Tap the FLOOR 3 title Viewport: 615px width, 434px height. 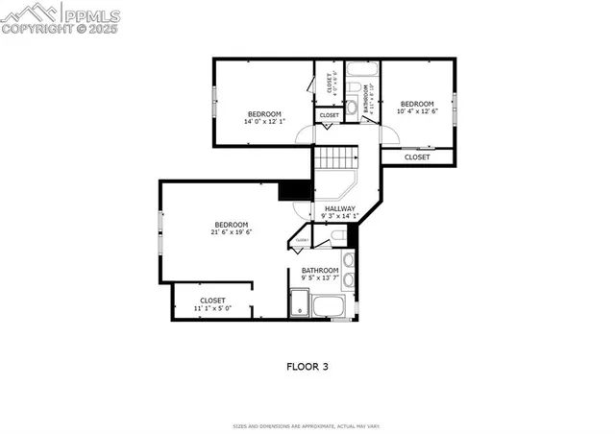pos(307,366)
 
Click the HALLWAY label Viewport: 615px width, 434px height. pos(339,208)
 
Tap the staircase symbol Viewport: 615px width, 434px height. pos(337,158)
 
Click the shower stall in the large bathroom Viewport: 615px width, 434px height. pos(300,306)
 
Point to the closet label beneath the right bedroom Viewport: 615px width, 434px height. pos(417,157)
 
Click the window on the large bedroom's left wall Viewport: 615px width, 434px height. pos(160,222)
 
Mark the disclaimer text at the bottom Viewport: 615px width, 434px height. pos(307,425)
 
